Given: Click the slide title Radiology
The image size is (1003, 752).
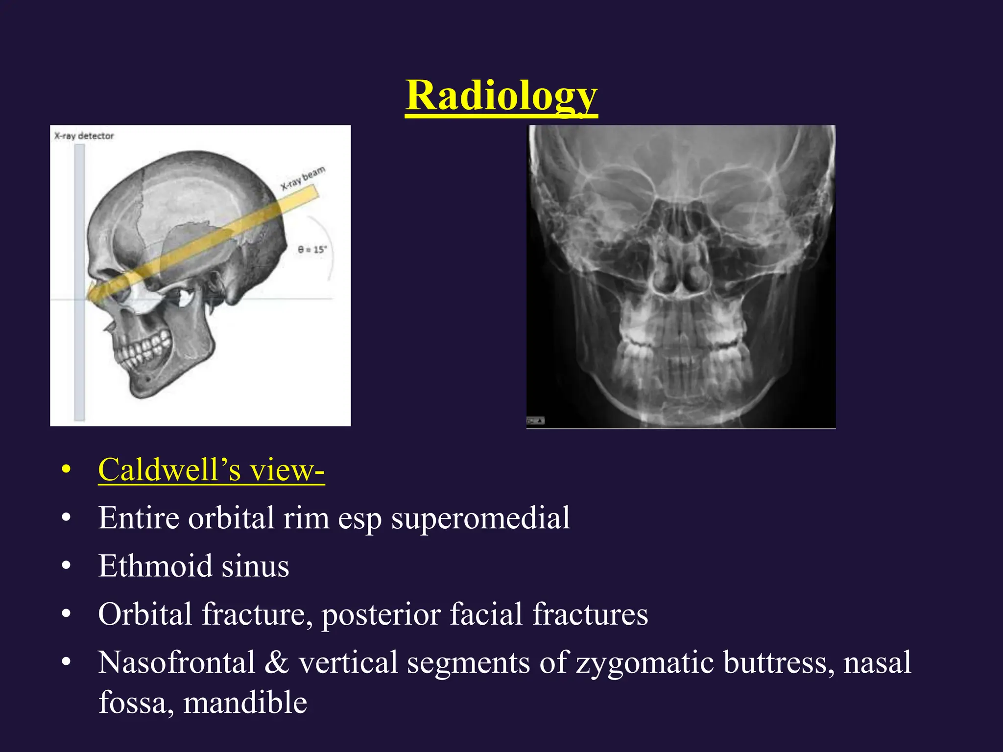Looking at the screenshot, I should [501, 95].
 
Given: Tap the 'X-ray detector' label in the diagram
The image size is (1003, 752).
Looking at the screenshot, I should [84, 136].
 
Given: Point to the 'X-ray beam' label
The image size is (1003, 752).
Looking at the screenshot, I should [303, 178].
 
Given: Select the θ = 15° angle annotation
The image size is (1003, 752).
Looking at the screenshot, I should [312, 250].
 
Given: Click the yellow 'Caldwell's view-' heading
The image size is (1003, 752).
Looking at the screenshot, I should [211, 470].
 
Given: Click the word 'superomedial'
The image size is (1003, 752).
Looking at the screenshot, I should [480, 517].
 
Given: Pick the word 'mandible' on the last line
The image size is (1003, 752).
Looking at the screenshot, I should [245, 703].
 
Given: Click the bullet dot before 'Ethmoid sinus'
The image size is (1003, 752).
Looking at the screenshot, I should [67, 566].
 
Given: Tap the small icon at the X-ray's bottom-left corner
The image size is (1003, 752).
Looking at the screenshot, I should [535, 421].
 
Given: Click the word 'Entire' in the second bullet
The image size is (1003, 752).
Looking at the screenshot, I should [139, 517].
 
